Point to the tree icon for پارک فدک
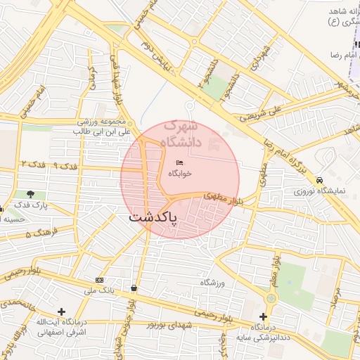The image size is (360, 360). coord(30,194)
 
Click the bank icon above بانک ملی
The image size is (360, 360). coord(98,280)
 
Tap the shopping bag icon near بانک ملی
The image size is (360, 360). coord(134,288)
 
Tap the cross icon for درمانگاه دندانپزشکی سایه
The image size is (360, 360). coord(264,317)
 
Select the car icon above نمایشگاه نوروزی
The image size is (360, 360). coord(320,180)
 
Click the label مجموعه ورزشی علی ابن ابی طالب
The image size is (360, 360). coord(105,126)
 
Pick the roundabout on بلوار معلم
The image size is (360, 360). coord(271,298)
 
